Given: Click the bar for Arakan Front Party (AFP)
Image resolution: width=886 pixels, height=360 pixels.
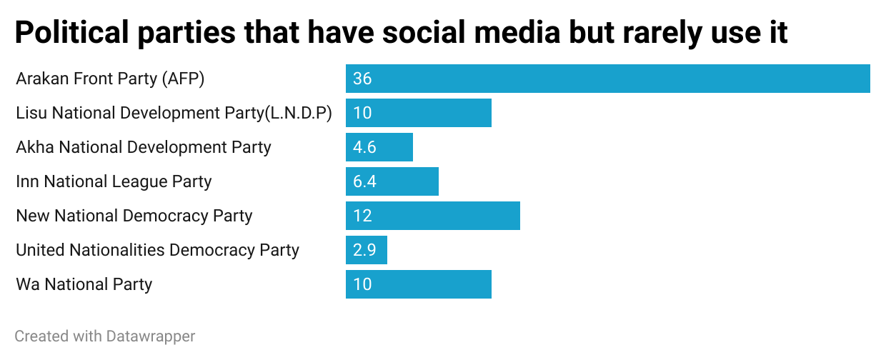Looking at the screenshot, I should click(607, 79).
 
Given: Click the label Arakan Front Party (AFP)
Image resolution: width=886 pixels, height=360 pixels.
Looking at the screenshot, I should click(110, 79).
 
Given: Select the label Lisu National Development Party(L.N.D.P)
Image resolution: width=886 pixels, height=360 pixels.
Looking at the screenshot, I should click(174, 113).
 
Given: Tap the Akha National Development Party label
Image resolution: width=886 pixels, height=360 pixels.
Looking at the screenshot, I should click(144, 147).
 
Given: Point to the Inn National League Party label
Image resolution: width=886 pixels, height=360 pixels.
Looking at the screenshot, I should click(114, 181).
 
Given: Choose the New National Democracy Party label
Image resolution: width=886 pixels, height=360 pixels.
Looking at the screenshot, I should click(134, 216).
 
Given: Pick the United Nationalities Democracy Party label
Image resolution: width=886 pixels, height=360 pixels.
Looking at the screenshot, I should click(157, 250).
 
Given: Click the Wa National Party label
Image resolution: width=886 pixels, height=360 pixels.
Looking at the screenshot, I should click(84, 284).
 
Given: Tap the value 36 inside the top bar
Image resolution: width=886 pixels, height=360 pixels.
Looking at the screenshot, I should click(362, 79).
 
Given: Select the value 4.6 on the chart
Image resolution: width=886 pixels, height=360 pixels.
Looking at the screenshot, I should click(364, 147).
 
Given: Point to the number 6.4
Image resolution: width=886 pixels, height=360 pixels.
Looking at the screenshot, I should click(364, 181).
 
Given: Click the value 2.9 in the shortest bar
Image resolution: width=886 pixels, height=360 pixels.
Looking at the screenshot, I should click(364, 250).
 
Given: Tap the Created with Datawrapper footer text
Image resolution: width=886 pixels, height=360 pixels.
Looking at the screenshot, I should click(105, 336).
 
